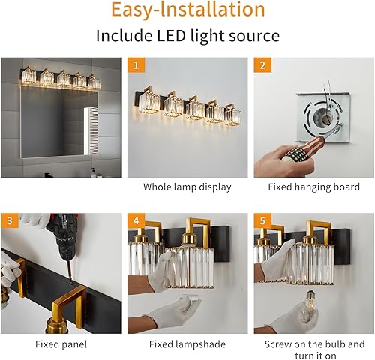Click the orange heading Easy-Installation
187,10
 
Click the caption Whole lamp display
187,187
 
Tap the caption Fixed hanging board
313,187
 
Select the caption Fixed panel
61,344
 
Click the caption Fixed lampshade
187,344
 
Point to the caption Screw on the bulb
313,344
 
